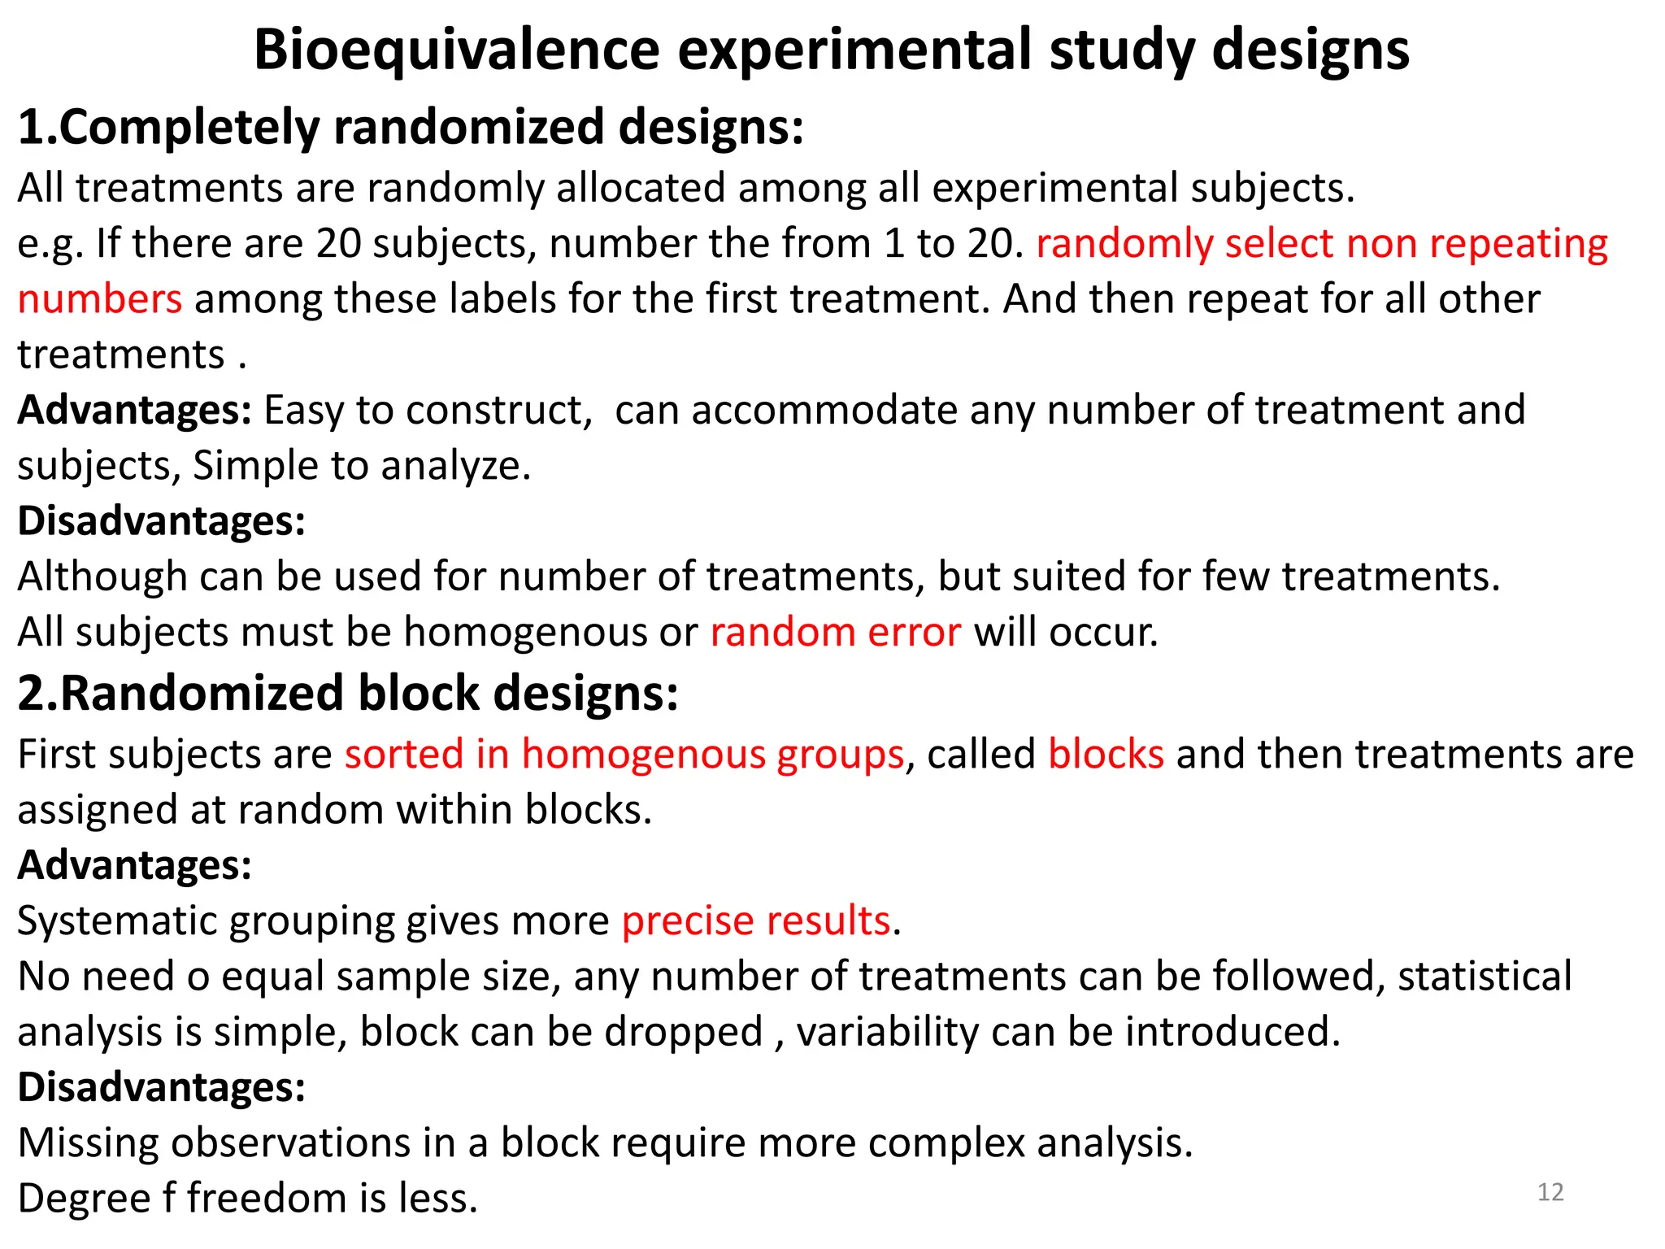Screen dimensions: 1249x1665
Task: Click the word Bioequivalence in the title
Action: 456,50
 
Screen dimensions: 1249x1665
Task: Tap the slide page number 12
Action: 1550,1192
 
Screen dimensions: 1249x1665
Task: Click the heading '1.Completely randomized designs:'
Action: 411,128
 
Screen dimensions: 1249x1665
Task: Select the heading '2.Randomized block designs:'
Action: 348,694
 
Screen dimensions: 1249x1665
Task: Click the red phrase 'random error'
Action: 835,632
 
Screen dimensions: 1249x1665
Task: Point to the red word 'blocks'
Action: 1106,754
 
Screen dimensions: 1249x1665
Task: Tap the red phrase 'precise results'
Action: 756,920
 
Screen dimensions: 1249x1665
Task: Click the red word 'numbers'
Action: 99,298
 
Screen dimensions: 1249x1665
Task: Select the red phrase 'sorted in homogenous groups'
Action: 624,754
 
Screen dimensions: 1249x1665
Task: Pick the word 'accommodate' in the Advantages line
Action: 824,410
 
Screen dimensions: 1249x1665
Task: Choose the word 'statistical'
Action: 1485,976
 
